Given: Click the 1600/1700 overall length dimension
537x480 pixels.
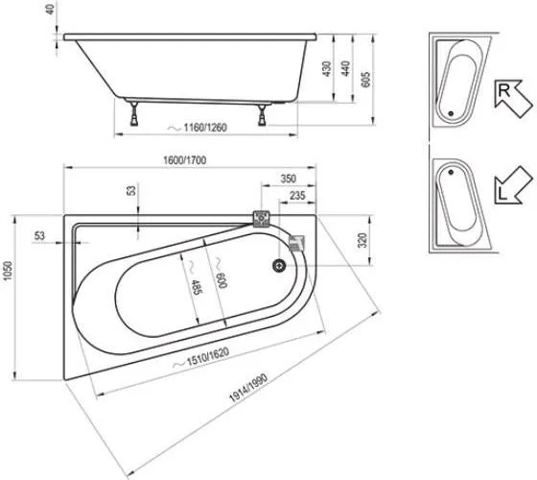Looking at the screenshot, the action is [x=184, y=160].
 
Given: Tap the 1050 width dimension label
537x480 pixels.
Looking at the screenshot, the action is [x=8, y=271].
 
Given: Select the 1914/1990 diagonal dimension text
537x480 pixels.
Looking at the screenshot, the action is [x=248, y=388].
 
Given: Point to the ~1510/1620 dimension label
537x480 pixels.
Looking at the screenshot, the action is [x=201, y=359].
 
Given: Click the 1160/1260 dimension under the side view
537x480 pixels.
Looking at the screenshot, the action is [x=198, y=128].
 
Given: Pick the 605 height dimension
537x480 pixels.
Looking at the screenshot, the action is [x=365, y=80].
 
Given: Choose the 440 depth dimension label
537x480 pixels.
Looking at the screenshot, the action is [x=346, y=68].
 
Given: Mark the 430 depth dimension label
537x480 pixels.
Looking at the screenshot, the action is [x=327, y=68].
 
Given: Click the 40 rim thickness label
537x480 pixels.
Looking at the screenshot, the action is [x=50, y=10].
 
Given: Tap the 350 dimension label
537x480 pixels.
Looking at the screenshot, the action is [x=289, y=179].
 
